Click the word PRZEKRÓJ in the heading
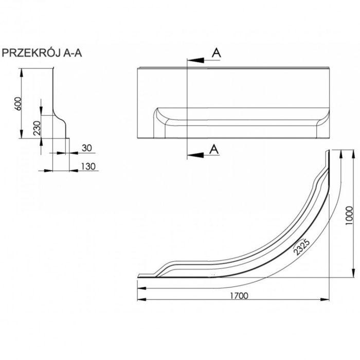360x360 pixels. point(32,53)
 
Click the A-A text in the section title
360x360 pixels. point(73,53)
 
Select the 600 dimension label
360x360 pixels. point(17,103)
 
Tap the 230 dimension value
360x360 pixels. point(37,128)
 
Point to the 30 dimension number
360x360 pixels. point(87,148)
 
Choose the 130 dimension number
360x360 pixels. point(88,166)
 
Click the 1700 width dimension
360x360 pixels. point(239,296)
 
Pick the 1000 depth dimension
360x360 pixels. point(349,215)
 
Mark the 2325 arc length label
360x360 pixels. point(302,247)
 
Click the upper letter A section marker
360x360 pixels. point(216,53)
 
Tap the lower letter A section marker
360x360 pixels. point(214,149)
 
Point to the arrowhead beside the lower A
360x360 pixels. point(195,156)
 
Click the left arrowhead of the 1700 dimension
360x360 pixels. point(141,299)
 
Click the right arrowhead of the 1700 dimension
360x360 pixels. point(325,299)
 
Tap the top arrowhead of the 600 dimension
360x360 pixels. point(22,73)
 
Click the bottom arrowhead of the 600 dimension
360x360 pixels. point(22,134)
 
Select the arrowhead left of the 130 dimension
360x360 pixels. point(48,171)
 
